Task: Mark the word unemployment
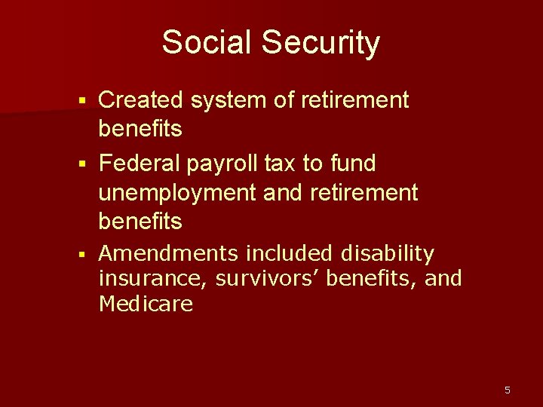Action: coord(177,193)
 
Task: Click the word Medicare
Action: coord(146,304)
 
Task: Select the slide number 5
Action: coord(507,390)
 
